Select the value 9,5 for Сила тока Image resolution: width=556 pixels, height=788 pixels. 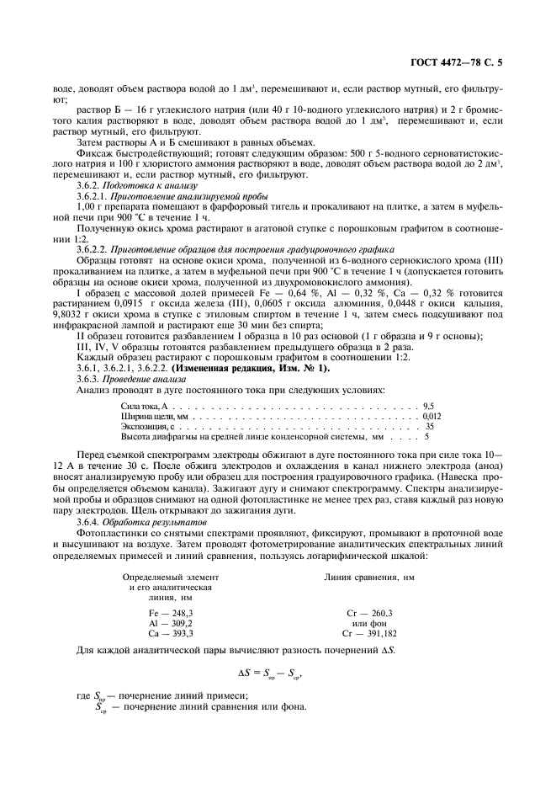(429, 406)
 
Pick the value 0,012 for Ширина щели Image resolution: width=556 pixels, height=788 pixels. (432, 416)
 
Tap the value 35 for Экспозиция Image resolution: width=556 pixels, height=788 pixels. (429, 427)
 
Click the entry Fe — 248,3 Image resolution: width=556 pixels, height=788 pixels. (171, 613)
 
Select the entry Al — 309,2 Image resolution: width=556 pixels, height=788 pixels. (171, 622)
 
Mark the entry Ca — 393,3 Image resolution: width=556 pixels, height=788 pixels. (171, 631)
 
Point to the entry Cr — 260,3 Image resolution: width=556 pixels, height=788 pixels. (369, 613)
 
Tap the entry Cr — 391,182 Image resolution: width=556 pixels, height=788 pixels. (369, 631)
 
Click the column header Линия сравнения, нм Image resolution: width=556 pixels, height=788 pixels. (369, 577)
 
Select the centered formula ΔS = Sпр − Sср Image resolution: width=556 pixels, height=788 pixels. (277, 673)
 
